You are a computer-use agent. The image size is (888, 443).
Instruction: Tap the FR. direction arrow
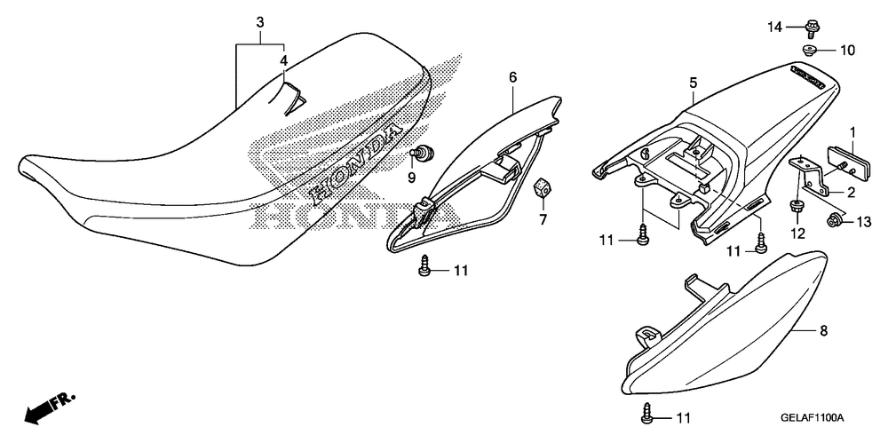pyautogui.click(x=46, y=407)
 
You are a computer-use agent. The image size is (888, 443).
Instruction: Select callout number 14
pyautogui.click(x=775, y=28)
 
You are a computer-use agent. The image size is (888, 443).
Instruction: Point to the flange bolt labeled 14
pyautogui.click(x=813, y=28)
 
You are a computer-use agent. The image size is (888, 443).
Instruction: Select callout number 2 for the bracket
pyautogui.click(x=850, y=193)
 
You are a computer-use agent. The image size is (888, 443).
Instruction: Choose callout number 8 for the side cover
pyautogui.click(x=823, y=331)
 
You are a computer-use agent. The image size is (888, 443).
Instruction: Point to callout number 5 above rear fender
pyautogui.click(x=693, y=83)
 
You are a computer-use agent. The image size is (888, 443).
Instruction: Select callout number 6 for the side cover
pyautogui.click(x=512, y=77)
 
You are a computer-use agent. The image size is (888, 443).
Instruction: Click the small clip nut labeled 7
pyautogui.click(x=539, y=187)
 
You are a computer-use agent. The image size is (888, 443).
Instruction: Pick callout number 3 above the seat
pyautogui.click(x=259, y=21)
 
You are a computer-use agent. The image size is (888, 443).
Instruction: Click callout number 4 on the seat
pyautogui.click(x=283, y=60)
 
